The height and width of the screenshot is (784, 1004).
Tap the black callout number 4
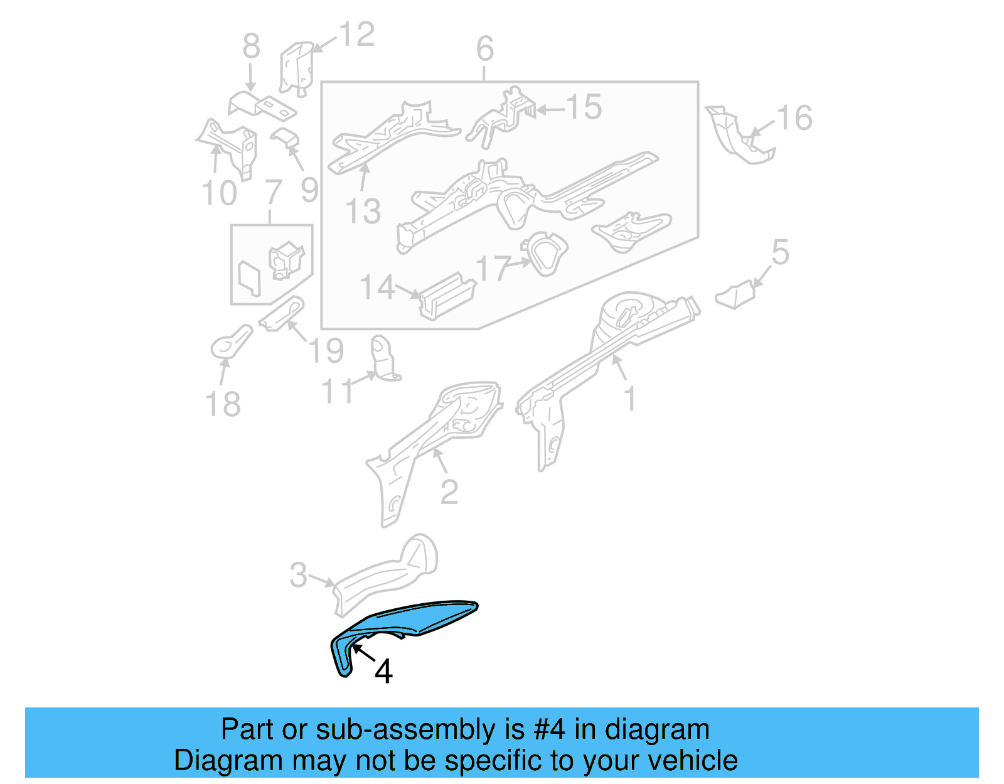click(383, 671)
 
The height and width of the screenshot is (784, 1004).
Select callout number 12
click(356, 35)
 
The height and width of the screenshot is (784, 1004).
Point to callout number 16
click(794, 118)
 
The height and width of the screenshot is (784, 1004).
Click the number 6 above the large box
click(484, 49)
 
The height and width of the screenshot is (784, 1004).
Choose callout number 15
click(584, 107)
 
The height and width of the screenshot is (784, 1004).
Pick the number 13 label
click(363, 212)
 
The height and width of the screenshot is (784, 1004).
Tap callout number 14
click(378, 287)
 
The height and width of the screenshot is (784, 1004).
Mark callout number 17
click(493, 268)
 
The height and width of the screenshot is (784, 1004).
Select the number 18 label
click(223, 404)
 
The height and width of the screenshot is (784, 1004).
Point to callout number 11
click(339, 392)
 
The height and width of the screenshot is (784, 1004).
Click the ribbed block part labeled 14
click(447, 296)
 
